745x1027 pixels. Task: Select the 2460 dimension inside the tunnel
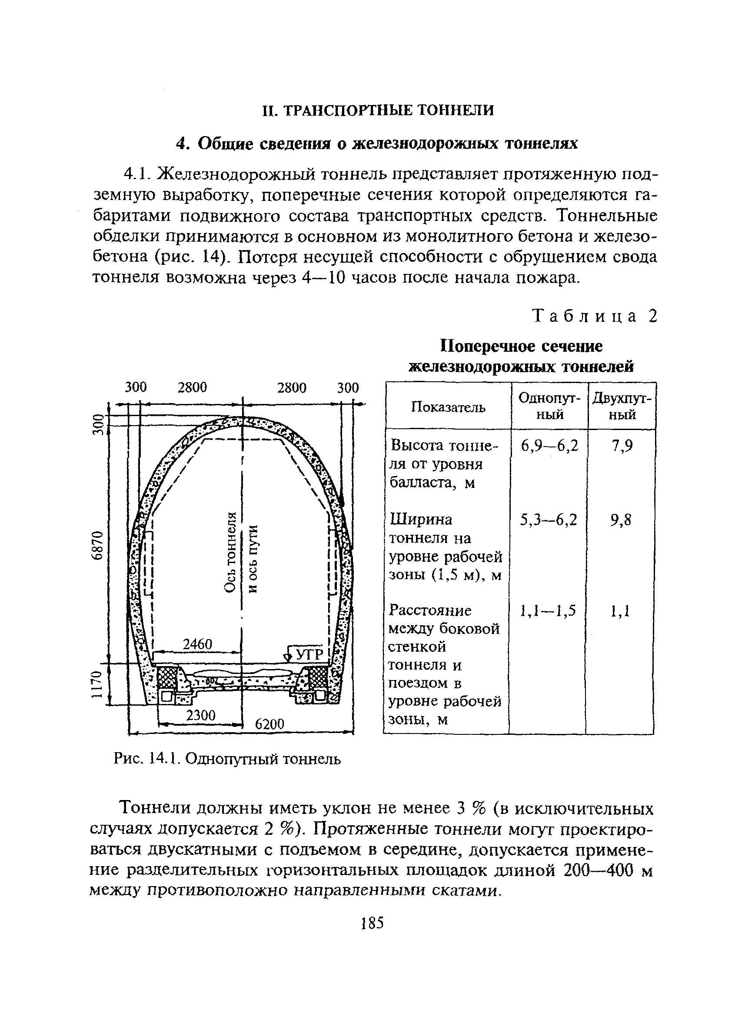(x=197, y=644)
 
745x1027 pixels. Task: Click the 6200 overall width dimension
(x=269, y=724)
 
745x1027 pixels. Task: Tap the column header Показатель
(x=448, y=407)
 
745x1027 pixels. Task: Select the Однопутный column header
(x=549, y=406)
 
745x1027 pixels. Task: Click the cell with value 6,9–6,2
(x=549, y=446)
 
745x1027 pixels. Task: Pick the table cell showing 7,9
(x=622, y=446)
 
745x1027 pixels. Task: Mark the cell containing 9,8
(x=621, y=520)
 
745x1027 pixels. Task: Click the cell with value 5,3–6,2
(x=549, y=520)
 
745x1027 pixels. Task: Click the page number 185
(x=372, y=922)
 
